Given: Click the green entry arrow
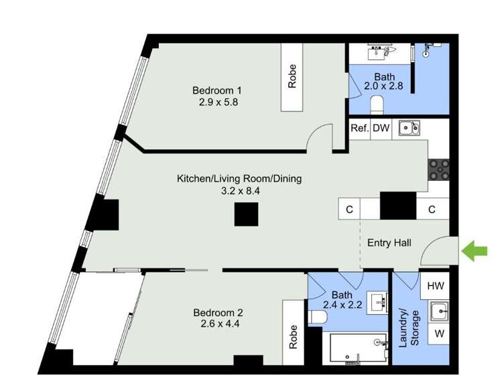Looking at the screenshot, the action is (x=475, y=251).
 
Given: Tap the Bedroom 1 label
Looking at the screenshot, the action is (x=217, y=90).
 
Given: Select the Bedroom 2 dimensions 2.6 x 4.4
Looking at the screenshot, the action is (x=220, y=323).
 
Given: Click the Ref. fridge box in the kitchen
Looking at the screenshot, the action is (x=359, y=129).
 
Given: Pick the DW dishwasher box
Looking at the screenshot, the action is (x=381, y=129).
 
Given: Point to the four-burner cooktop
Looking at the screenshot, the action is (x=439, y=170).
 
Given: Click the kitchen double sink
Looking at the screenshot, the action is (x=409, y=129).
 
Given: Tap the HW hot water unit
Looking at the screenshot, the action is (x=435, y=285).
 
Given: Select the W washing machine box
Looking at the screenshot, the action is (x=439, y=333).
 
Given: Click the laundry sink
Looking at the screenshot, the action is (x=439, y=311).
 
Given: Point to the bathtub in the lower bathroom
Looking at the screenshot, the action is (x=358, y=348).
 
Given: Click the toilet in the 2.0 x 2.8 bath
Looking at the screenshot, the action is (x=377, y=104).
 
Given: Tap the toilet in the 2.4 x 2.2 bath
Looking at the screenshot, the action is (x=318, y=317).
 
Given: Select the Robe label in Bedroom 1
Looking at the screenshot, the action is (x=292, y=76).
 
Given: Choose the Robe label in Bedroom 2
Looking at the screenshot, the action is (x=293, y=337).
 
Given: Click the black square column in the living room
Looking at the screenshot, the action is (x=246, y=214).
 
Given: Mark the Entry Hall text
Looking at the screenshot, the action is (x=389, y=243).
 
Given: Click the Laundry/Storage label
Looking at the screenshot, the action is (x=409, y=327).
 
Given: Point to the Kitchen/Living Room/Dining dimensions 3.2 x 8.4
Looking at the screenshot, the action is (x=241, y=191).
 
